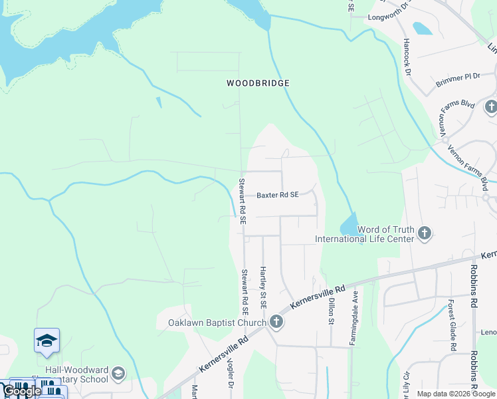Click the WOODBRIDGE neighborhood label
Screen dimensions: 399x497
click(258, 83)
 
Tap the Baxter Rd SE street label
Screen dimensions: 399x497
click(278, 196)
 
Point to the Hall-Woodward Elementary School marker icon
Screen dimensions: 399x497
click(118, 373)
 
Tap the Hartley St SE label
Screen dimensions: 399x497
click(263, 287)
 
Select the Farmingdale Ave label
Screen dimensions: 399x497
click(355, 317)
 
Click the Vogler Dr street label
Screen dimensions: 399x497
click(232, 386)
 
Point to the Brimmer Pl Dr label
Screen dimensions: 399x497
click(458, 80)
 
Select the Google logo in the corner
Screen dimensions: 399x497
click(21, 391)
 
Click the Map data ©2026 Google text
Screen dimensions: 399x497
click(456, 394)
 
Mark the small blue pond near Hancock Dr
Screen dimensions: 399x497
click(422, 29)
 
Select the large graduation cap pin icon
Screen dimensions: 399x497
click(47, 341)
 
